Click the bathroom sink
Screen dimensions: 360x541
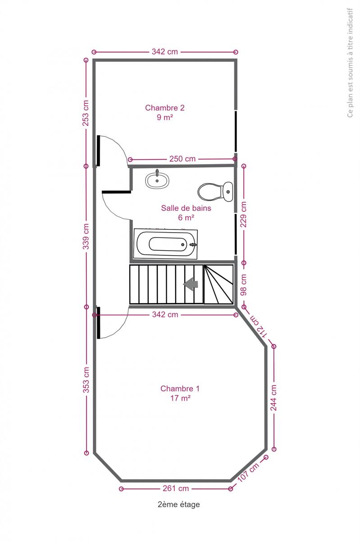157,180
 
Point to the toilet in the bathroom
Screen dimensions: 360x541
215,192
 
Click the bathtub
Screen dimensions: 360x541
166,244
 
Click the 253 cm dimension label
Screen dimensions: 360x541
86,113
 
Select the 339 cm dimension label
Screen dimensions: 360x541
86,236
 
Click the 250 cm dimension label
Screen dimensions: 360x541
182,159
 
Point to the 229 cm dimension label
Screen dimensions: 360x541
243,215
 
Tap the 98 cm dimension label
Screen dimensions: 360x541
244,284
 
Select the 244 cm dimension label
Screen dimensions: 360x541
273,398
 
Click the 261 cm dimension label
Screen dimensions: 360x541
176,488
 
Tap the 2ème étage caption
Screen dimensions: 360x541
179,504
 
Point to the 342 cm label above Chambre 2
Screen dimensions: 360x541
164,52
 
